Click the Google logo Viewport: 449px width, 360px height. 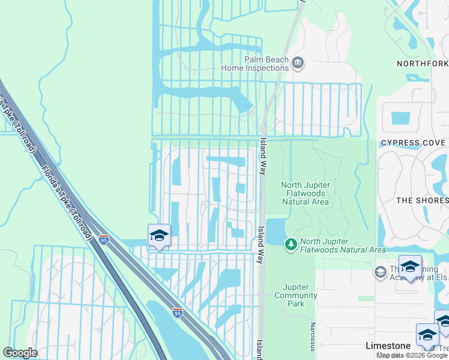20,353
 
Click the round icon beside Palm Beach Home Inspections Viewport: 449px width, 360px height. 297,62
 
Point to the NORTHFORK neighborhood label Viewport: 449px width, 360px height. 422,63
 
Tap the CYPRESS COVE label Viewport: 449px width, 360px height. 413,143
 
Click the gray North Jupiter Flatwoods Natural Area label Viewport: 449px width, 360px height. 305,193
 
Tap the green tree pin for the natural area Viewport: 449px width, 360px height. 291,244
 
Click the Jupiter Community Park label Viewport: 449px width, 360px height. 295,295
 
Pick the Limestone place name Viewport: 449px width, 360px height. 388,346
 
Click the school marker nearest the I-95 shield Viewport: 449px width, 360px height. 159,236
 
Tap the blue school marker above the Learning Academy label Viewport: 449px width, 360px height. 410,267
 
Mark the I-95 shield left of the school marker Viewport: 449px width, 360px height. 104,239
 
